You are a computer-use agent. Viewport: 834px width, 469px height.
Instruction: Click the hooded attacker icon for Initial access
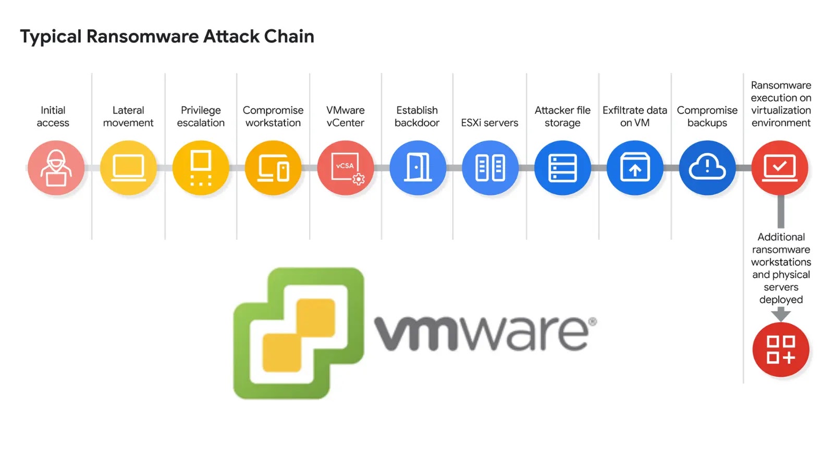[56, 168]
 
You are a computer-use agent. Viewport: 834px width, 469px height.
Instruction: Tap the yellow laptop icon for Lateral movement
[128, 168]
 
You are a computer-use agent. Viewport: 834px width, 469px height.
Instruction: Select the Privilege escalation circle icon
[201, 168]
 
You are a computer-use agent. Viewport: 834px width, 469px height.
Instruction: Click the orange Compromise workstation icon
[273, 168]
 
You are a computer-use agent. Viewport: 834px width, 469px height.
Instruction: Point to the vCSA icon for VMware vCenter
[346, 168]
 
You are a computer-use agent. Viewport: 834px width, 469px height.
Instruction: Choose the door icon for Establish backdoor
[418, 168]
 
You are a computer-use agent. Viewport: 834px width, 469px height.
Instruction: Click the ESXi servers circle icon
[490, 168]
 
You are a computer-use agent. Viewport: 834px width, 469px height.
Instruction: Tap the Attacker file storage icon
[562, 168]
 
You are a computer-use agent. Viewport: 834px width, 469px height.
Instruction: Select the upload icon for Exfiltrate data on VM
[635, 168]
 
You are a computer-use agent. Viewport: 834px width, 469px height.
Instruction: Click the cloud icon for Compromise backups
[707, 168]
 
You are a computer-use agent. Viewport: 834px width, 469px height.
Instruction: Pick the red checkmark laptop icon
[780, 168]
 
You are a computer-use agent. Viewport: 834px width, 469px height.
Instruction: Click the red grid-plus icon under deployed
[780, 350]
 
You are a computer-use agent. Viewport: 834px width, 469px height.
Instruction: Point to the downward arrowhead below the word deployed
[780, 314]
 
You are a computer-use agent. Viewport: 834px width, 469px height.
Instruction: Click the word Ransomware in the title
[142, 36]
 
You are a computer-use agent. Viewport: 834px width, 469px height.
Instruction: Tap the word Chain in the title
[289, 36]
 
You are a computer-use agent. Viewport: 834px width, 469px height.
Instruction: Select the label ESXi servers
[489, 123]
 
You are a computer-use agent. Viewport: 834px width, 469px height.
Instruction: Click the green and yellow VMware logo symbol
[299, 334]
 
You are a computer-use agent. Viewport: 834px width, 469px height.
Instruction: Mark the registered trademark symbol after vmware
[593, 322]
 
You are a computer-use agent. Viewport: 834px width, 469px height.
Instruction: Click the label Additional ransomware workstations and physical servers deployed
[780, 268]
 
